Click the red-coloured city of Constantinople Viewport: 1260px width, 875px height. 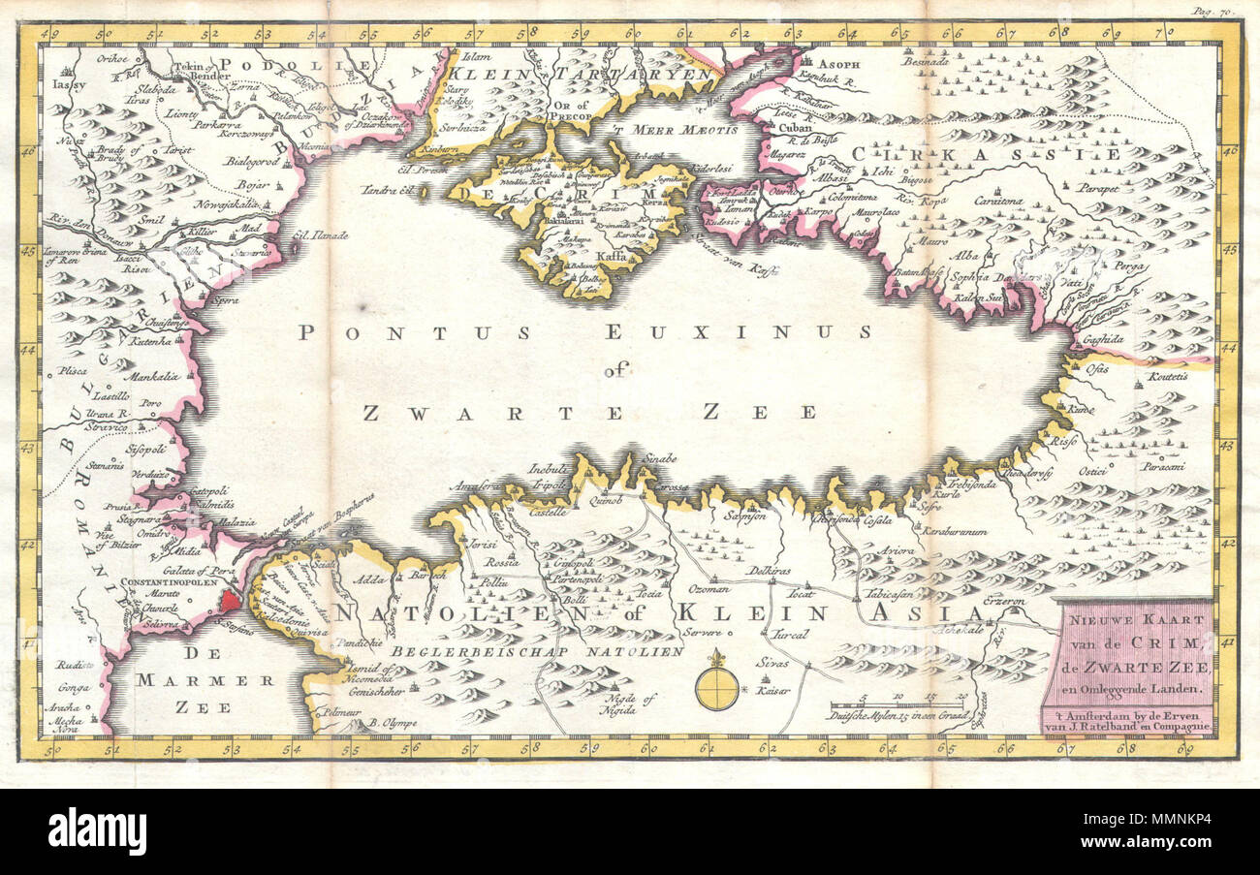click(x=230, y=601)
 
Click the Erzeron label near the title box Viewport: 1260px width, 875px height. click(x=1005, y=601)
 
